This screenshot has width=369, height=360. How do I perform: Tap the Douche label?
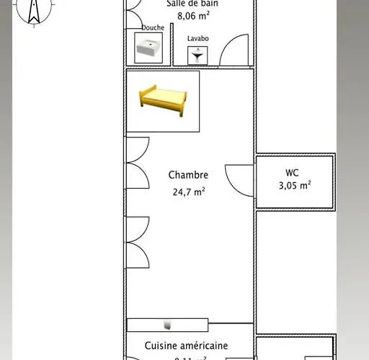(x=153, y=28)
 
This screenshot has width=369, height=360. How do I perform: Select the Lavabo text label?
(x=198, y=38)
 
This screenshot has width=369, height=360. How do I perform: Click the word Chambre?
(x=189, y=175)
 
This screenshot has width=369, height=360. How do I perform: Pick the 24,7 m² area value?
(x=189, y=192)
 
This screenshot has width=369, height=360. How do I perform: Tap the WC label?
(x=293, y=173)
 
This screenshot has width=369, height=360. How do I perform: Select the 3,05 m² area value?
(x=295, y=186)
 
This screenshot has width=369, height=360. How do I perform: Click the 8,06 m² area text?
(x=193, y=14)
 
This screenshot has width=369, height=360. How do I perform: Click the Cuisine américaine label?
(x=186, y=346)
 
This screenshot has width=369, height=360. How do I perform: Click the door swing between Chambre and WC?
(x=240, y=179)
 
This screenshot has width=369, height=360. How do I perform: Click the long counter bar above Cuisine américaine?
(x=168, y=325)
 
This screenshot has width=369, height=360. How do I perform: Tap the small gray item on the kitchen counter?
(x=168, y=325)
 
